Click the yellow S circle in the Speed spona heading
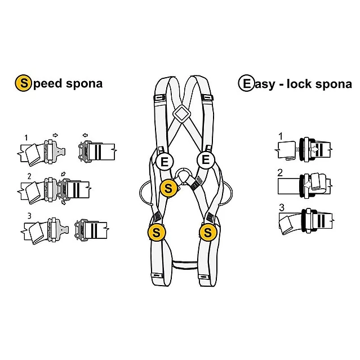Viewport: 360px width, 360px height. (23, 83)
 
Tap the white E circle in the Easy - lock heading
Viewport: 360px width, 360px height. (246, 83)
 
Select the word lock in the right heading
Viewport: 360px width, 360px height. (303, 83)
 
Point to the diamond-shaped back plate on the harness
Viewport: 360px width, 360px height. (181, 114)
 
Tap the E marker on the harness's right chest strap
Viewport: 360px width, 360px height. (206, 160)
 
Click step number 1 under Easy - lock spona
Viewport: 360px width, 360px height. (281, 136)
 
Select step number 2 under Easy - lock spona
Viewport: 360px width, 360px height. (281, 172)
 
